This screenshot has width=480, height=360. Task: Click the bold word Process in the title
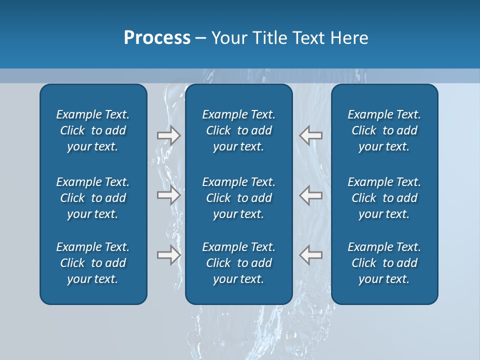[x=157, y=38]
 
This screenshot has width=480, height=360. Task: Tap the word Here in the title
[x=350, y=38]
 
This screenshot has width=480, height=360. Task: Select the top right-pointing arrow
[x=168, y=135]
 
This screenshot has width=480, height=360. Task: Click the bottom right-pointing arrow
[x=168, y=255]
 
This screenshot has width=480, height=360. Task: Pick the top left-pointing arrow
[x=311, y=135]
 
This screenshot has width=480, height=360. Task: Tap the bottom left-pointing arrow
[x=311, y=255]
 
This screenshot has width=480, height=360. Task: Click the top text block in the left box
[x=93, y=130]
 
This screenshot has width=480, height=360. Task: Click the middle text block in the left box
[x=93, y=198]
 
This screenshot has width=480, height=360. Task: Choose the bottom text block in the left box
[x=93, y=263]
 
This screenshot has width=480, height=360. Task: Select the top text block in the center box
[x=238, y=130]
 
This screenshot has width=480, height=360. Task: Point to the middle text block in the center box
[x=238, y=198]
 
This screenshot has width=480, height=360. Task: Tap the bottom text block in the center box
[x=238, y=263]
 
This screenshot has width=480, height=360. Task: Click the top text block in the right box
[x=384, y=130]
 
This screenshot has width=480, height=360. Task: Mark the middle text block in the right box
[x=384, y=198]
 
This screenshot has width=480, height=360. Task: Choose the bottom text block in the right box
[x=384, y=263]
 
